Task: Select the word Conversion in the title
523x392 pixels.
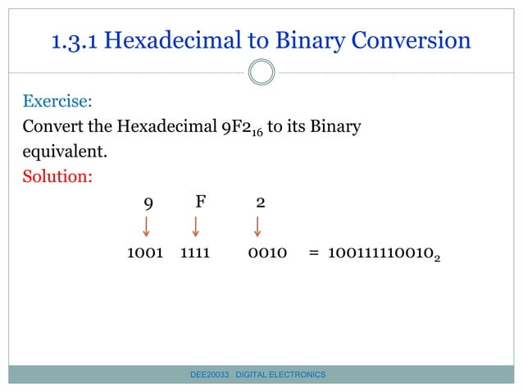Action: pos(409,40)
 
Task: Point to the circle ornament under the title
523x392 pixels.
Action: pos(261,72)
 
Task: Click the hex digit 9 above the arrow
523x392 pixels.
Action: pos(147,202)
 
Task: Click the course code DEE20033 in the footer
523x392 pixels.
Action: pos(209,374)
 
